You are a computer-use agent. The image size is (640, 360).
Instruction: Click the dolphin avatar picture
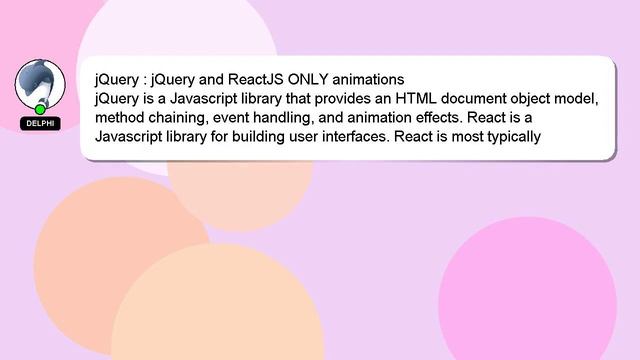tap(39, 84)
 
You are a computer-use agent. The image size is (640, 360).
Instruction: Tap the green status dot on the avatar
tap(40, 108)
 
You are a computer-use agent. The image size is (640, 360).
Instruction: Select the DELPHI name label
tap(40, 123)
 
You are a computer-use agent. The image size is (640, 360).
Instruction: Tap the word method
tap(119, 117)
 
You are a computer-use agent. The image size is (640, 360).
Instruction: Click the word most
tap(460, 136)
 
